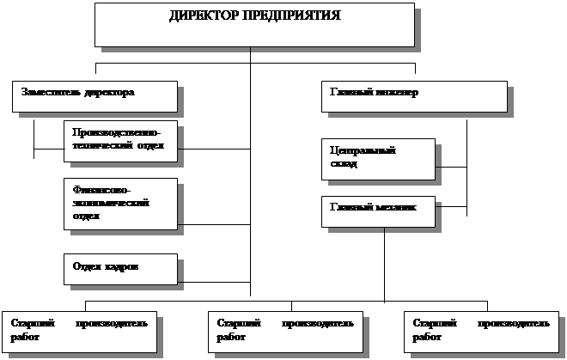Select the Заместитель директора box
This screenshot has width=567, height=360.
(94, 96)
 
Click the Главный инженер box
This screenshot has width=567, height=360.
(414, 96)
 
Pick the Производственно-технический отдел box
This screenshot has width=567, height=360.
(120, 140)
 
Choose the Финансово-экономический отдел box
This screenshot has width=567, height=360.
(120, 204)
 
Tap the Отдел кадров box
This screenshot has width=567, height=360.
(120, 268)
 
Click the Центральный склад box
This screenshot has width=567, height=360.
(378, 158)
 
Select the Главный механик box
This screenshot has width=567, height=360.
(378, 211)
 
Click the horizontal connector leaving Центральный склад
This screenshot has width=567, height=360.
(451, 167)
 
